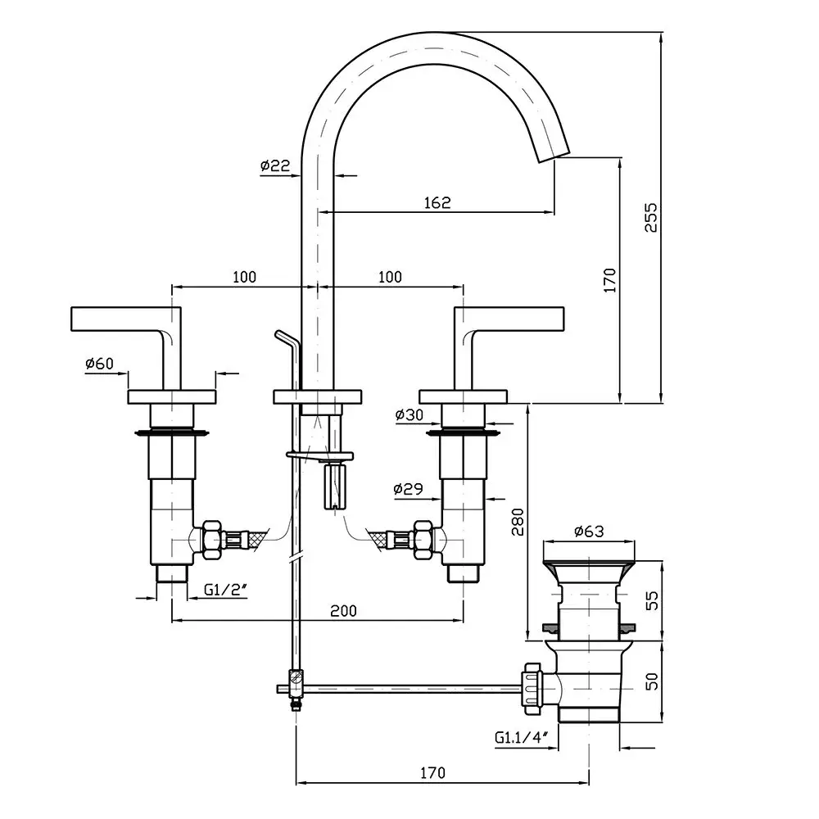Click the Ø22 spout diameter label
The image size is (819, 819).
click(x=275, y=165)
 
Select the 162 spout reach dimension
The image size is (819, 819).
click(x=438, y=202)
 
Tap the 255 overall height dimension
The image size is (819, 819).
click(x=651, y=217)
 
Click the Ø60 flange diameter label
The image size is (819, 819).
click(x=99, y=364)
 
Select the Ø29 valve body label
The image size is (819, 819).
click(x=408, y=489)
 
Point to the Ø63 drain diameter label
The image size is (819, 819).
click(x=589, y=532)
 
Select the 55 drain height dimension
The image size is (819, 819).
click(x=651, y=601)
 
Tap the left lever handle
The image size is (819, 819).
click(x=123, y=318)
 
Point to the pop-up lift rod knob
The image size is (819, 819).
click(x=283, y=336)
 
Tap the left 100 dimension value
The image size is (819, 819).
click(x=244, y=277)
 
